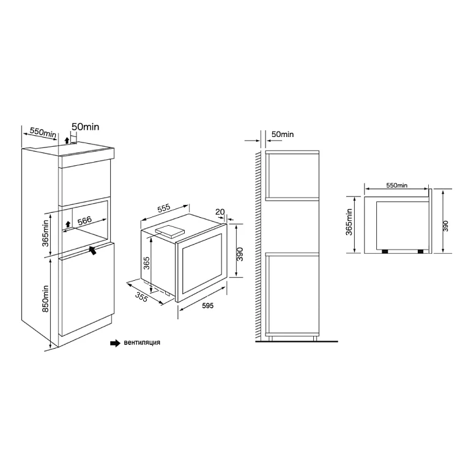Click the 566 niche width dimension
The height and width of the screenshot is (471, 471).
click(84, 220)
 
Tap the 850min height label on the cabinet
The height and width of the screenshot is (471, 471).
click(45, 299)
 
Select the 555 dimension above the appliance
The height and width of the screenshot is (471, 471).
click(164, 208)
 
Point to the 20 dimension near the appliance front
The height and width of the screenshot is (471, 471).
click(220, 212)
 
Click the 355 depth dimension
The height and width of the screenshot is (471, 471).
click(141, 297)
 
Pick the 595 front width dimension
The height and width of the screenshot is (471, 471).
click(208, 305)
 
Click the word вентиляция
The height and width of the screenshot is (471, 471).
click(142, 343)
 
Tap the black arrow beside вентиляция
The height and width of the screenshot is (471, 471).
click(115, 343)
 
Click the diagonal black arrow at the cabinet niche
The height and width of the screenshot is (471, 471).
click(93, 250)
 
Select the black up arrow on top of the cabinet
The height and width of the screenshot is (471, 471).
click(67, 139)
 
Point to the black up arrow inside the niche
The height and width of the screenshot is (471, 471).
click(68, 224)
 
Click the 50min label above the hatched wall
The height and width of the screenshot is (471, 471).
click(283, 135)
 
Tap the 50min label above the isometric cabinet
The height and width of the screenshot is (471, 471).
click(85, 127)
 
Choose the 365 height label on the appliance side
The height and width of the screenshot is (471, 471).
click(147, 263)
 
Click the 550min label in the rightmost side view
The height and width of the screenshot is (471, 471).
click(397, 185)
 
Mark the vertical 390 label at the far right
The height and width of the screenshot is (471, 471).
click(446, 226)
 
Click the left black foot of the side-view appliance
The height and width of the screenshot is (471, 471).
click(385, 251)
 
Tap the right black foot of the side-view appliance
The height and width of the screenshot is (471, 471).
click(420, 251)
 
